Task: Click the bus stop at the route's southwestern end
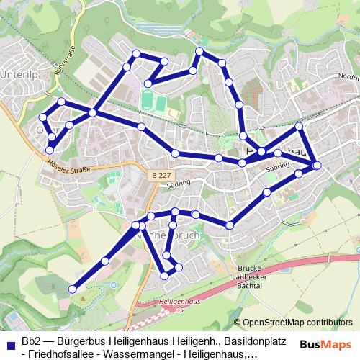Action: click(x=72, y=289)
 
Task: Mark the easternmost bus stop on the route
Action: click(x=317, y=167)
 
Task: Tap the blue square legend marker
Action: click(x=9, y=342)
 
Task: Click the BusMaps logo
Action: click(x=326, y=343)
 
